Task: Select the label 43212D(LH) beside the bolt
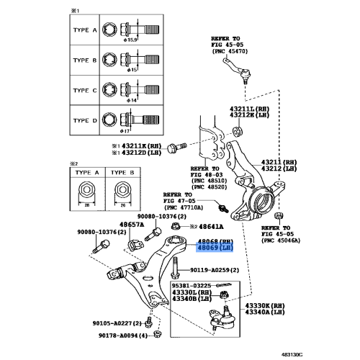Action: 143,152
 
